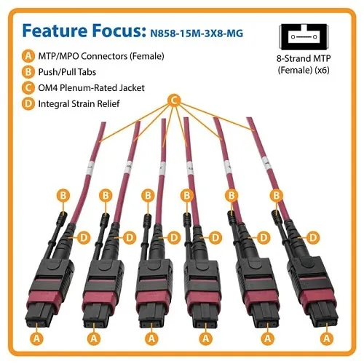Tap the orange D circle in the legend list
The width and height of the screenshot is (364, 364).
point(28,105)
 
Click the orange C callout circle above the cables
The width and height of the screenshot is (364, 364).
point(173,99)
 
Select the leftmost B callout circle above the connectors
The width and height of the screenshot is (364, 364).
point(63,195)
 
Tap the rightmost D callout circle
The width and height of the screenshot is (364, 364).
point(314,237)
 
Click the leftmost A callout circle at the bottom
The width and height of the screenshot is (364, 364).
point(34,338)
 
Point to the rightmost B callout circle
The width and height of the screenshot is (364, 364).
point(276,195)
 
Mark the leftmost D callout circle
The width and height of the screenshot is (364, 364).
point(84,237)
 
